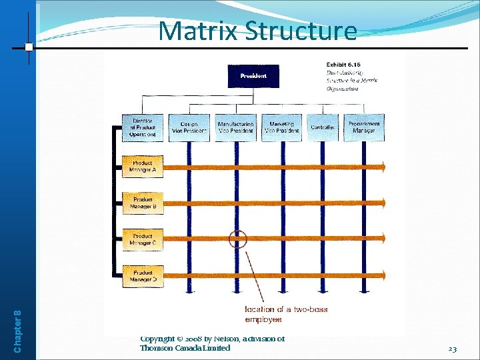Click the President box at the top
tap(253, 76)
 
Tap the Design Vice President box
tap(188, 127)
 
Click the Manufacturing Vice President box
tap(235, 127)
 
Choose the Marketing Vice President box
tap(281, 127)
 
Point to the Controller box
tap(323, 127)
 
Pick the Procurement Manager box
tap(364, 127)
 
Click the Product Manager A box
tap(143, 166)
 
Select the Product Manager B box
tap(143, 203)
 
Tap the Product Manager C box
tap(143, 239)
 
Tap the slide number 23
tap(452, 348)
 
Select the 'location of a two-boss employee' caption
tap(286, 315)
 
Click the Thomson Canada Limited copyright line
tap(185, 348)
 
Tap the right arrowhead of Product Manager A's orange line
tap(382, 166)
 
